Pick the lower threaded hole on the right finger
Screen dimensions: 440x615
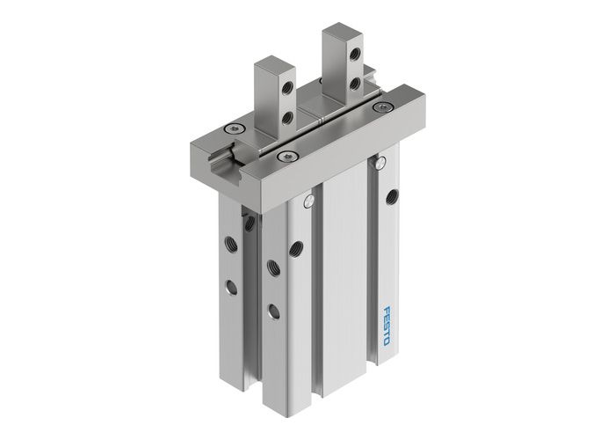[353, 84]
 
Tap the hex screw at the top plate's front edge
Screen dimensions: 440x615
[282, 157]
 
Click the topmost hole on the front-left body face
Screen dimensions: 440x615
[294, 247]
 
